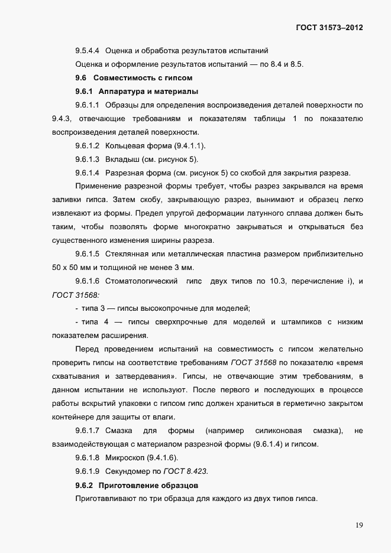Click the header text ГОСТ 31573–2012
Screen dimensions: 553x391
click(329, 27)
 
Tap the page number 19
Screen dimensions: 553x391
click(359, 525)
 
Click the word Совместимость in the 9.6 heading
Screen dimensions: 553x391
click(125, 78)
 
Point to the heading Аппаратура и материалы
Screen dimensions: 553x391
click(148, 92)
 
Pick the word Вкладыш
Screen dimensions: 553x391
click(121, 159)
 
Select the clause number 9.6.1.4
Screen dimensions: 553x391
click(87, 173)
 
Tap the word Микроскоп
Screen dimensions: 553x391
click(125, 457)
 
